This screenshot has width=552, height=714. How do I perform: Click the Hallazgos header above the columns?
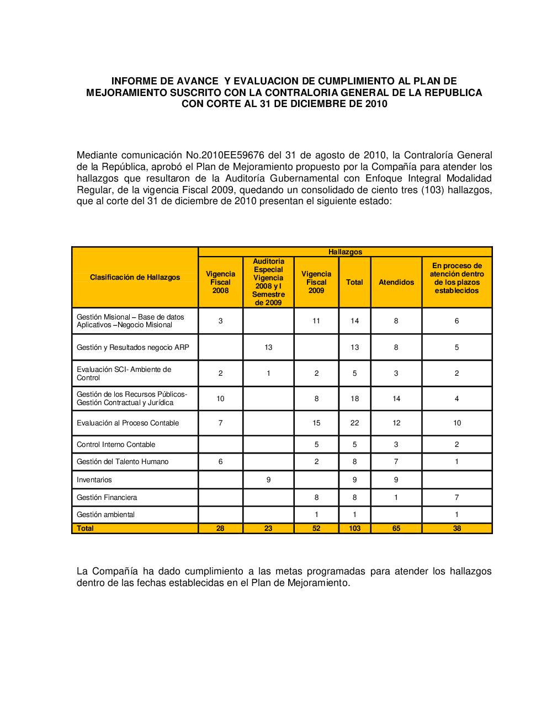(x=345, y=252)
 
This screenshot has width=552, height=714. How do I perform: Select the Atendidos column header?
(x=396, y=283)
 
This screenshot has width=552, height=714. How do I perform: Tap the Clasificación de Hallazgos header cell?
(x=135, y=278)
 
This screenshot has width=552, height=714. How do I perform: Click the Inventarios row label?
(x=94, y=480)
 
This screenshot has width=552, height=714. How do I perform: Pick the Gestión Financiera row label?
(x=107, y=498)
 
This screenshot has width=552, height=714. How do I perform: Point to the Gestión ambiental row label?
(x=106, y=515)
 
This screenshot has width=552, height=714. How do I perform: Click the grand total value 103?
(x=354, y=529)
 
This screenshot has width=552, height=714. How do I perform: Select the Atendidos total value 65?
(x=396, y=529)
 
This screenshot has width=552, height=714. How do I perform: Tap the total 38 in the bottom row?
(x=457, y=529)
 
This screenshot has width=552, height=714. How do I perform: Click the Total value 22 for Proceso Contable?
(x=354, y=423)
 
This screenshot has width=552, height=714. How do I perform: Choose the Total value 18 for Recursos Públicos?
(x=354, y=399)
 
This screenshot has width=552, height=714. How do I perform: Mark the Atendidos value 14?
(x=396, y=399)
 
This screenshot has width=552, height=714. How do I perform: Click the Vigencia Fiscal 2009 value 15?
(x=316, y=423)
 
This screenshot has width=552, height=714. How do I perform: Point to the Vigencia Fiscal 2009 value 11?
(x=316, y=321)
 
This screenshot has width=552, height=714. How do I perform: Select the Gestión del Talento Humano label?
(x=123, y=462)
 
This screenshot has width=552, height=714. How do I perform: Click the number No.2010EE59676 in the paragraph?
(x=232, y=156)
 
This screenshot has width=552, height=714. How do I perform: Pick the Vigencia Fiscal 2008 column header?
(x=220, y=283)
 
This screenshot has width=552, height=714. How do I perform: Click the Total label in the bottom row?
(x=85, y=529)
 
